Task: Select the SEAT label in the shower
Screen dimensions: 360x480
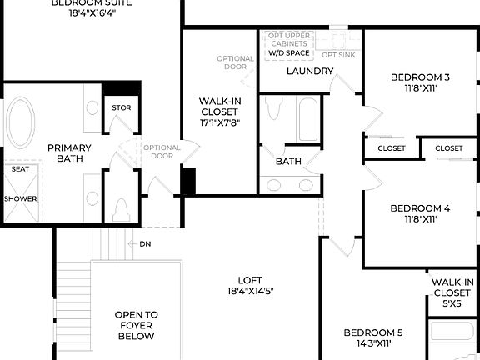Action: (x=19, y=169)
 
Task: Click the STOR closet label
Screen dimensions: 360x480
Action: (x=121, y=108)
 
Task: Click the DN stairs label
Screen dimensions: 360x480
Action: (x=144, y=244)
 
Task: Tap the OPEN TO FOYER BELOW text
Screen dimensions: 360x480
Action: (x=135, y=325)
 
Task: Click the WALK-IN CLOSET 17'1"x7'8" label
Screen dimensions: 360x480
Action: (x=219, y=112)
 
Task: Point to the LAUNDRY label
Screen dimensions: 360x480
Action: (x=310, y=71)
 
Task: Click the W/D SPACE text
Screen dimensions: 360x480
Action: (x=288, y=53)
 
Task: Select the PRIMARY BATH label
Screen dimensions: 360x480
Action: (x=68, y=153)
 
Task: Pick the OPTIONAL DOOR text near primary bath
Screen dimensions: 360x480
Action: (x=162, y=152)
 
